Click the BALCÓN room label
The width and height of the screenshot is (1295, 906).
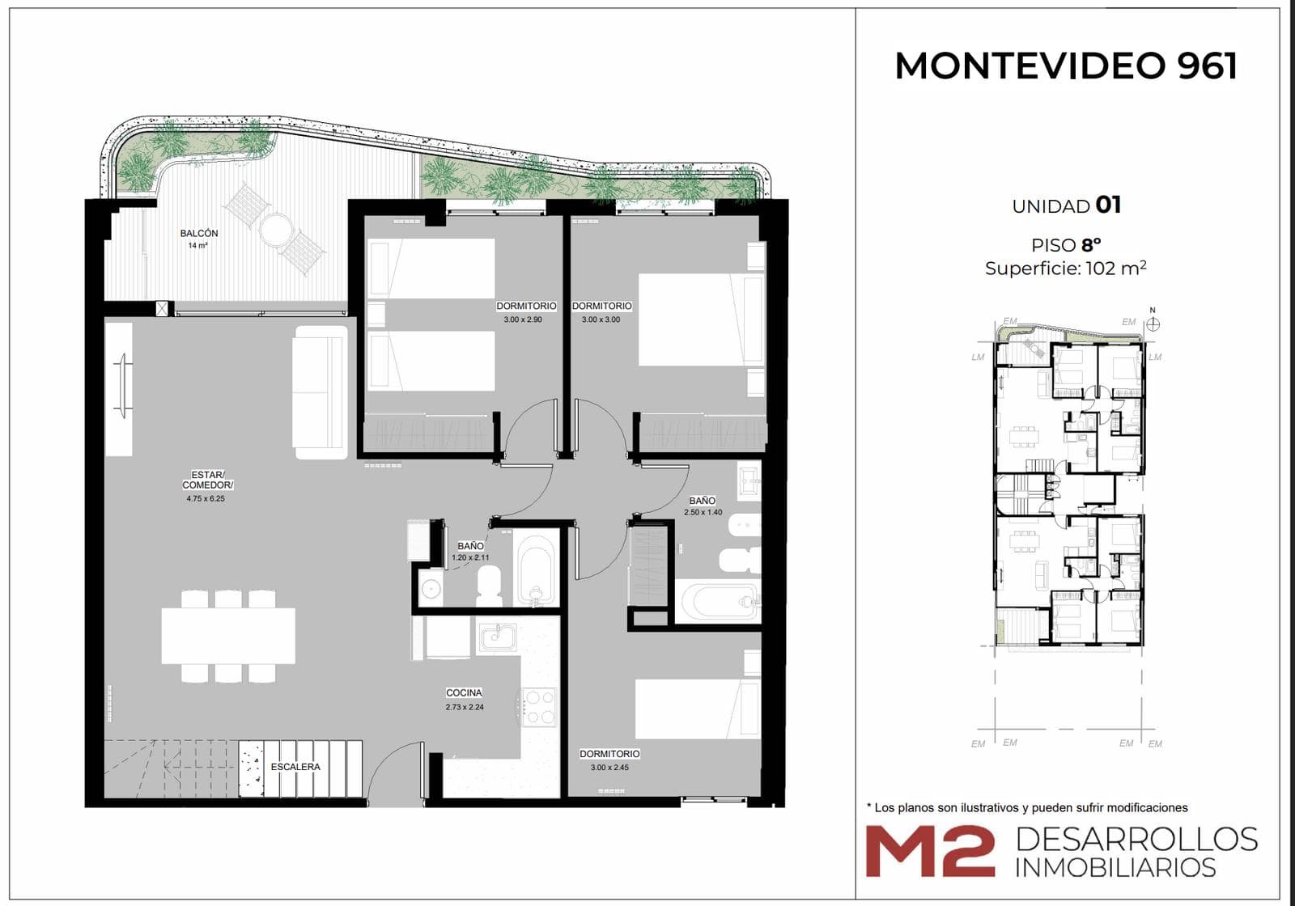pos(199,234)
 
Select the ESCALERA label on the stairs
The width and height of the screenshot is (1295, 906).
pos(295,767)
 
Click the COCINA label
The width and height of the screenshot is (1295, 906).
pos(465,692)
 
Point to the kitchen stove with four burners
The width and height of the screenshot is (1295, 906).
pos(539,707)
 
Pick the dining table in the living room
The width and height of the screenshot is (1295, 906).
pos(228,636)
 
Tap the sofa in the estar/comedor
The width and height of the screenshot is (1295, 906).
pos(321,392)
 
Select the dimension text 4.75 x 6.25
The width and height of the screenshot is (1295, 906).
pos(206,498)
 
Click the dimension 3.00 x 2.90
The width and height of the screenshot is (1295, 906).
pos(523,320)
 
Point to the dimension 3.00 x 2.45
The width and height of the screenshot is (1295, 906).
pos(609,768)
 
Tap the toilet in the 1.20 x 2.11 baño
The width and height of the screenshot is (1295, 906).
pos(489,586)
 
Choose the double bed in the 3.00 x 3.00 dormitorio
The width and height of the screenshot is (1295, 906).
pos(699,320)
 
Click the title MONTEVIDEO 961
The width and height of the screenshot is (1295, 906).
pos(1066,66)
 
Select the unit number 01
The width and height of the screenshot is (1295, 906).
pos(1108,205)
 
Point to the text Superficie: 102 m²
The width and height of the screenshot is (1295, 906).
pos(1066,268)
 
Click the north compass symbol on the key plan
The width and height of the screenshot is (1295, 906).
pos(1153,323)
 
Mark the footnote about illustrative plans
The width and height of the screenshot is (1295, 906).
pos(1027,808)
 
